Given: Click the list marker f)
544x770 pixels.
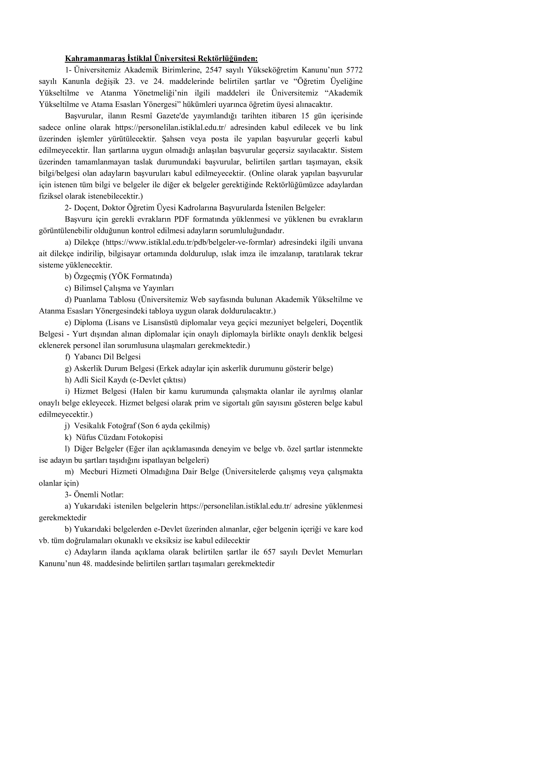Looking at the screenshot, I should click(x=68, y=357).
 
